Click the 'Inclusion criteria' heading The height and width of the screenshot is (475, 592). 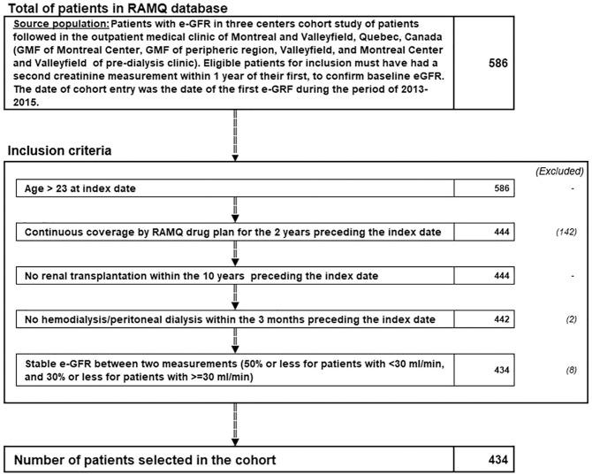(x=60, y=149)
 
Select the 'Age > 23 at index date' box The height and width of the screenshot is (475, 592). (x=233, y=188)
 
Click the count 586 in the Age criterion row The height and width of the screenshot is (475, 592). (x=499, y=188)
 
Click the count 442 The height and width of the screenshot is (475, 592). (x=499, y=318)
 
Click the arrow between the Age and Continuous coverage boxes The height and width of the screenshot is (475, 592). (x=233, y=209)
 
